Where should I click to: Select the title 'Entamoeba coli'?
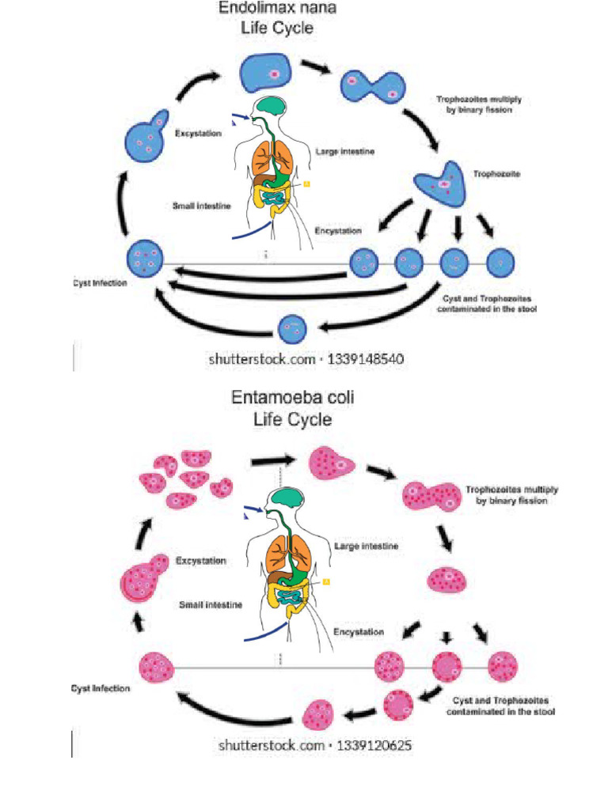292,398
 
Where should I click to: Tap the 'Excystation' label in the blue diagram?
199,134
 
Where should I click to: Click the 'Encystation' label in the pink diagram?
359,632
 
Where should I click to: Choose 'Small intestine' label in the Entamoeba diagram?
210,604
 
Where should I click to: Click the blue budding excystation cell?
146,142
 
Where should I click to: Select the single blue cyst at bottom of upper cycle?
293,327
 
